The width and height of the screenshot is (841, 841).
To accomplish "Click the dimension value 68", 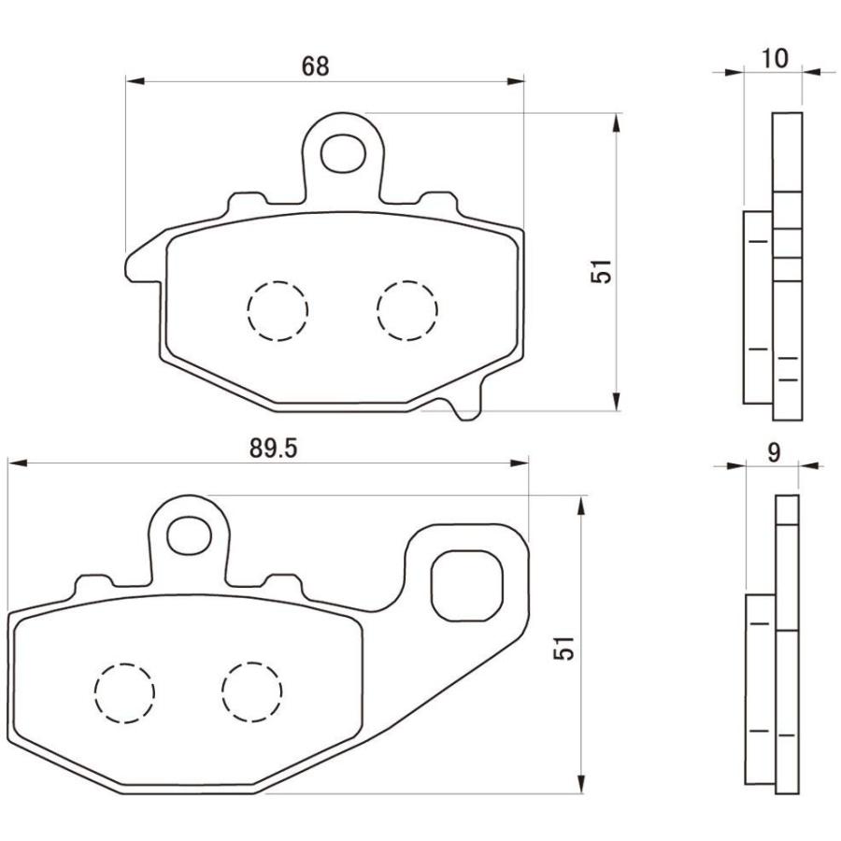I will [x=316, y=66].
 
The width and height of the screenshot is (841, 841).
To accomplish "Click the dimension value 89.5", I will [x=273, y=449].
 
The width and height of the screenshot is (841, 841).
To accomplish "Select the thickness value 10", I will [x=775, y=58].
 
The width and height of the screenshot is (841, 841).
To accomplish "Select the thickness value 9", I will [x=774, y=452].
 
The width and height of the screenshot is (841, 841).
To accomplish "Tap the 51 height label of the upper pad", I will [x=605, y=271].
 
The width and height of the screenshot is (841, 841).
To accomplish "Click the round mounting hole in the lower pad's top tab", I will [x=190, y=532].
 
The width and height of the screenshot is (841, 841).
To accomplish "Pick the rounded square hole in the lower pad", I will [x=466, y=584].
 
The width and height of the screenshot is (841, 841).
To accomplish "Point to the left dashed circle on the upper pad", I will [x=278, y=310].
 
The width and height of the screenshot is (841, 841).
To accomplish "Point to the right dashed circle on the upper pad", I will [x=406, y=309].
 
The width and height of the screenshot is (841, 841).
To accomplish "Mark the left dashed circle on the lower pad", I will [x=123, y=692].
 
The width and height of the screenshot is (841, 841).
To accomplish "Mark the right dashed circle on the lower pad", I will [x=252, y=691].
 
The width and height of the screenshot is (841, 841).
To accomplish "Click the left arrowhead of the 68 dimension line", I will [x=135, y=82].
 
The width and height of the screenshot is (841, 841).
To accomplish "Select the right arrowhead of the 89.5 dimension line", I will [x=520, y=463].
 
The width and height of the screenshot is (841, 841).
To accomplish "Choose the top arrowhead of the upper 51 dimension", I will [x=616, y=122].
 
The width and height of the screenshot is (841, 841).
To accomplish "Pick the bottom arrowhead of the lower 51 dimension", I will [x=581, y=785].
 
